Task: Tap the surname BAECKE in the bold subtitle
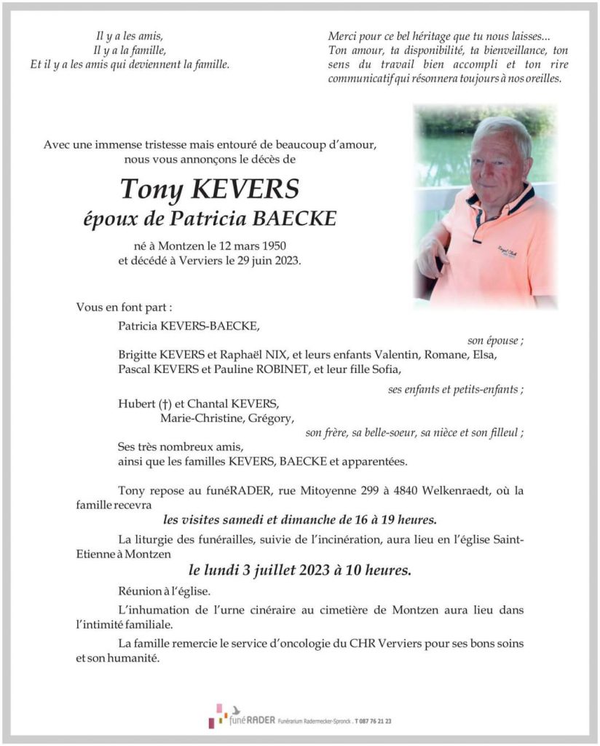coord(299,218)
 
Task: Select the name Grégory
coord(270,418)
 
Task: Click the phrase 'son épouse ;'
coord(495,340)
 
